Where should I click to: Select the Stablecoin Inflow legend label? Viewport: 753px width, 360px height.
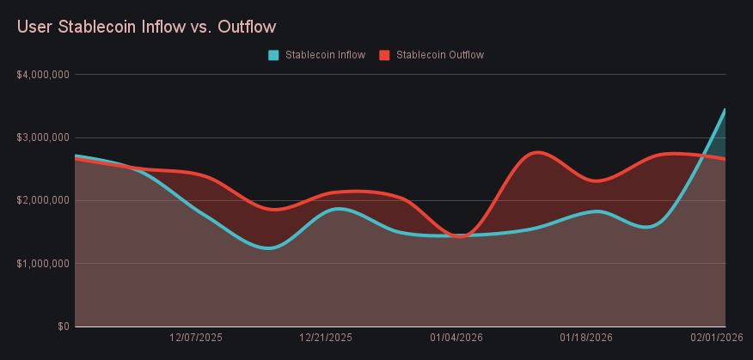click(x=325, y=55)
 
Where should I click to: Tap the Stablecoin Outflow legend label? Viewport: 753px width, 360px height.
click(x=440, y=55)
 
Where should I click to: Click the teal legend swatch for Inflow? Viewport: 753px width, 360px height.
click(x=273, y=55)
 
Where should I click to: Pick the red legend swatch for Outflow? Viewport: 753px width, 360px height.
click(x=384, y=55)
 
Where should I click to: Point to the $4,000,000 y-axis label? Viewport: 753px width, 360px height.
click(x=43, y=75)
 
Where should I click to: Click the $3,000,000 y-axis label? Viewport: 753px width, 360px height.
click(x=43, y=137)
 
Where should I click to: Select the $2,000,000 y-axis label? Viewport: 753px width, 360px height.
click(x=43, y=200)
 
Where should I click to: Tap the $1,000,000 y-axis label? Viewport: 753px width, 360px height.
click(x=43, y=264)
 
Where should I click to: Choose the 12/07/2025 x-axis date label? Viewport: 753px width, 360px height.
click(x=196, y=339)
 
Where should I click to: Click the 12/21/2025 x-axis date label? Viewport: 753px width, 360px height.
click(x=326, y=339)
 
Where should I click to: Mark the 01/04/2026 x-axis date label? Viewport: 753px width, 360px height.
click(x=456, y=339)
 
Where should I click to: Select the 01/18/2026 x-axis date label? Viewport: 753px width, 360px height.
click(x=586, y=339)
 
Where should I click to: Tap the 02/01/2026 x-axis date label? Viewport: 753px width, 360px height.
click(x=716, y=339)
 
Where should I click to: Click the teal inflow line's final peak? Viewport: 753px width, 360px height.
click(x=725, y=110)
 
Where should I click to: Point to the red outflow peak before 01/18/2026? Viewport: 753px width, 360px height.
click(x=536, y=152)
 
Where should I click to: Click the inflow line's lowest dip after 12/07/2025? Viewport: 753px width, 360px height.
click(x=268, y=248)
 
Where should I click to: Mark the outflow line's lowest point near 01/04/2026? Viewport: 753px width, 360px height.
click(x=459, y=236)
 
